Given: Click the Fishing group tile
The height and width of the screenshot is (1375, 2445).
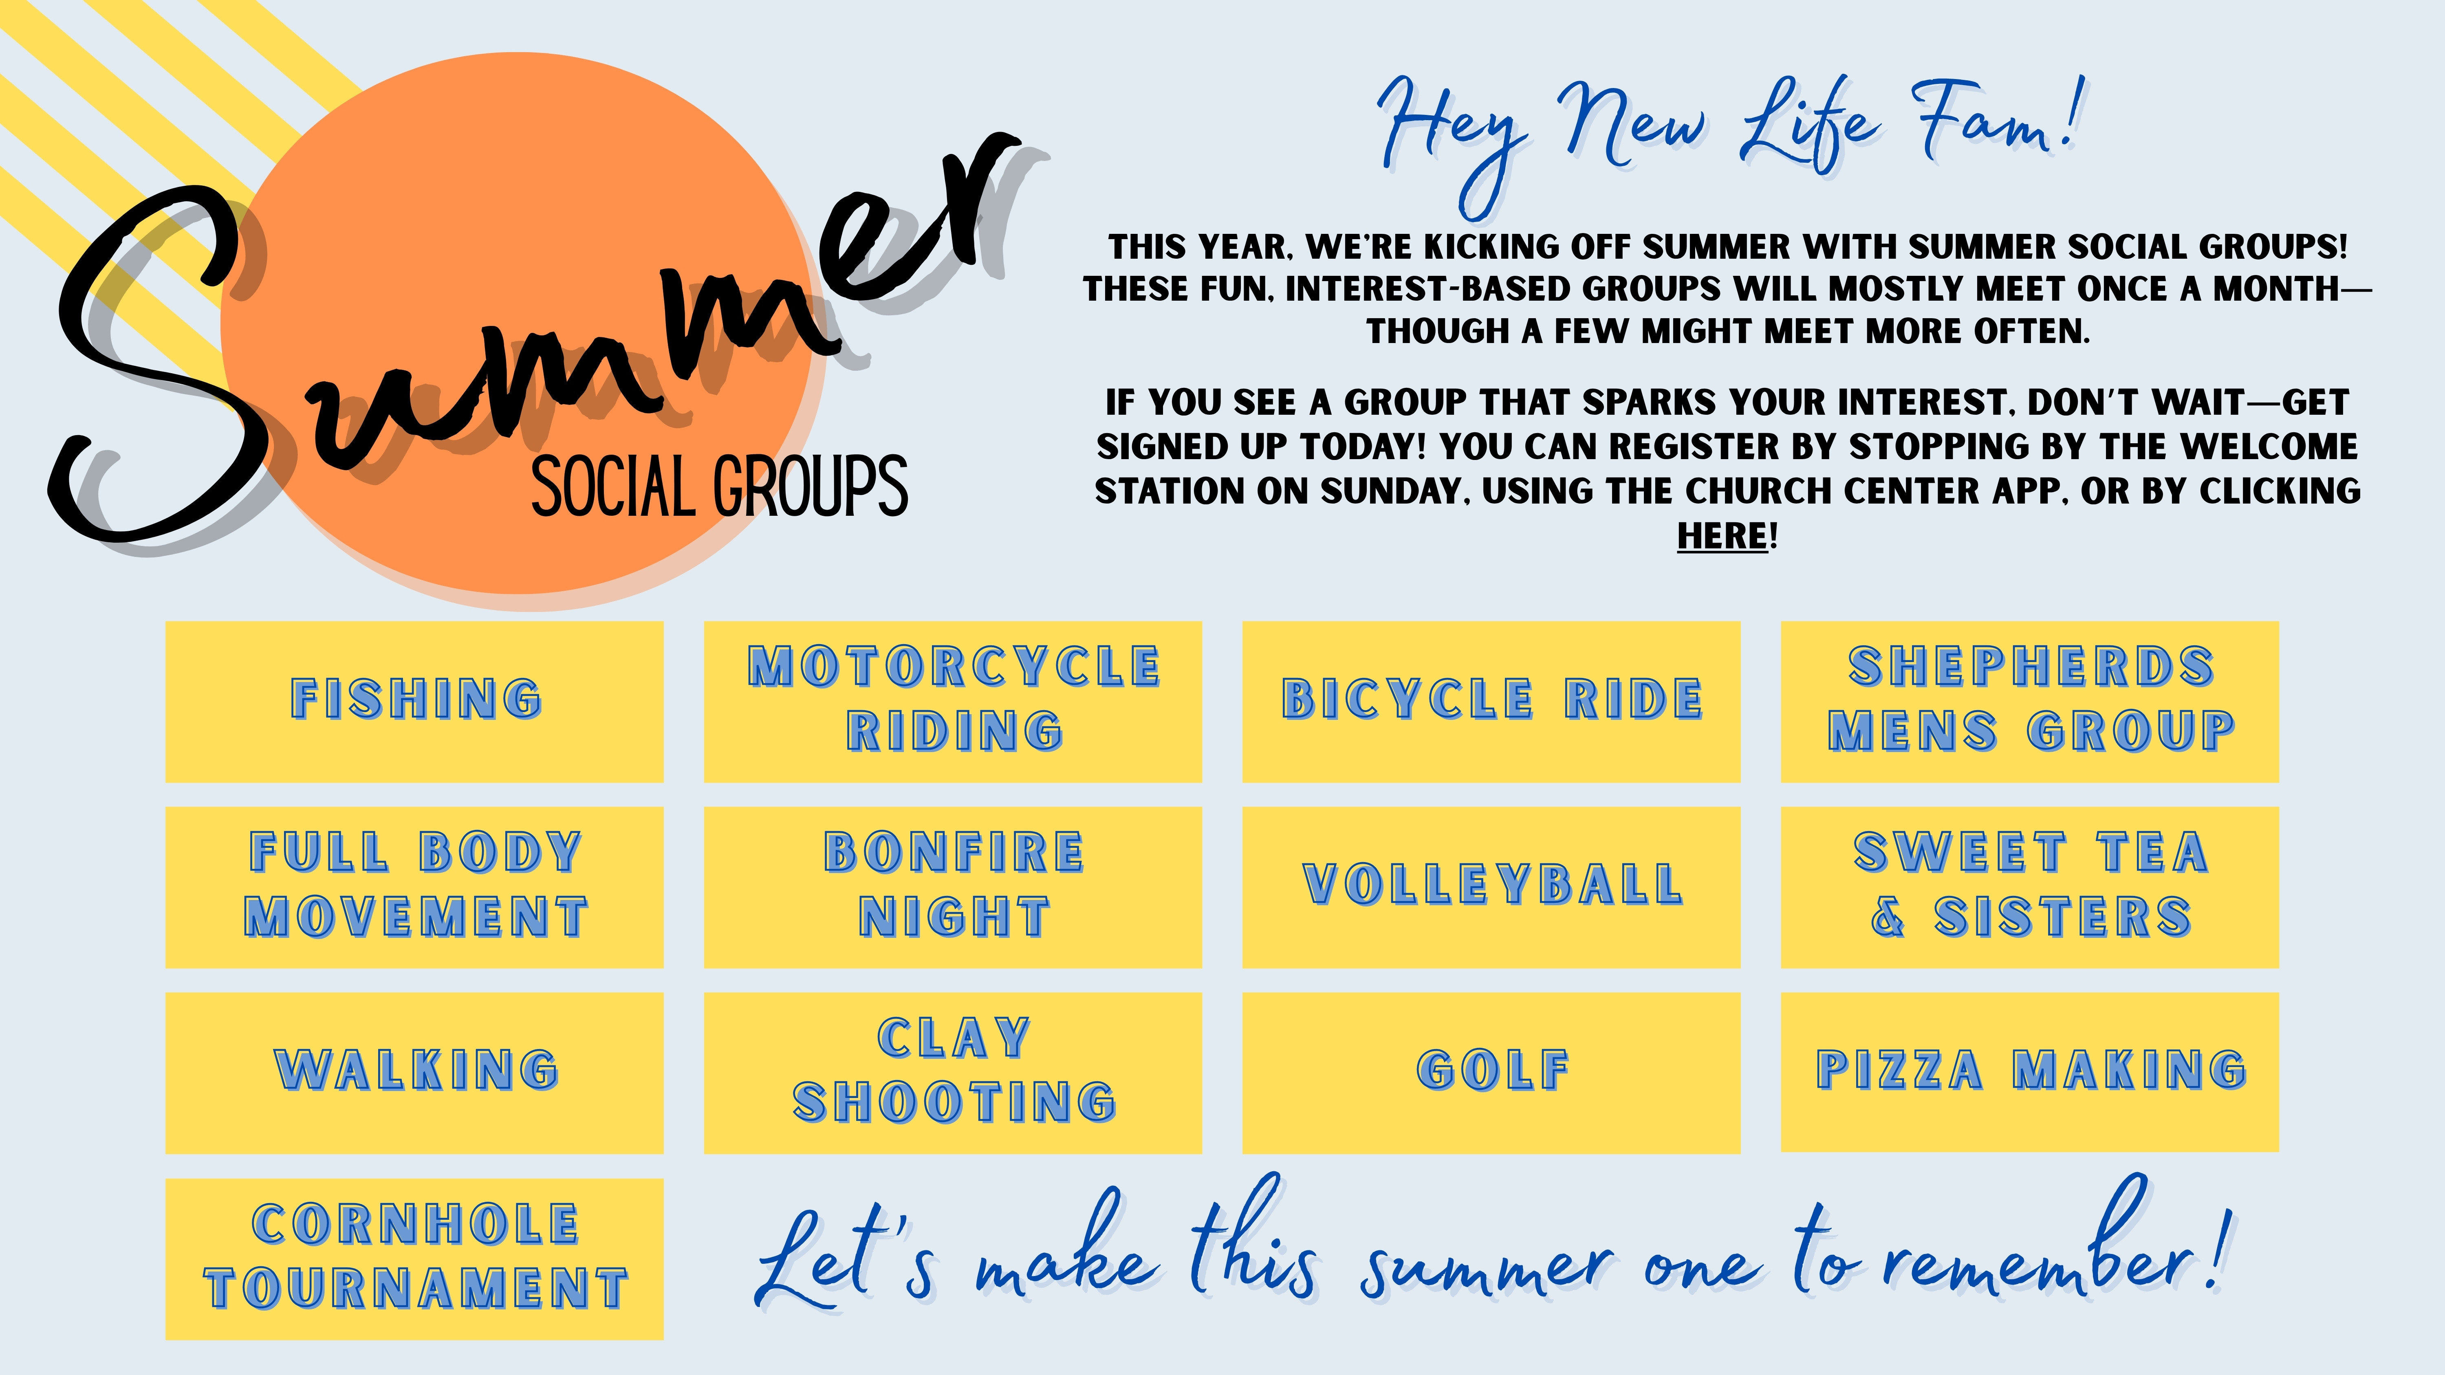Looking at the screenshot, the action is pyautogui.click(x=415, y=701).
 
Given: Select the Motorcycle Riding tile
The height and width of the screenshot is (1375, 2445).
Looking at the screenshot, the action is pyautogui.click(x=953, y=701).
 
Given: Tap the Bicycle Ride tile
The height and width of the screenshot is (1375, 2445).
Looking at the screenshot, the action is pyautogui.click(x=1491, y=701).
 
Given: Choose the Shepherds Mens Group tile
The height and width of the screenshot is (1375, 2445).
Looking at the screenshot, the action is pyautogui.click(x=2030, y=701).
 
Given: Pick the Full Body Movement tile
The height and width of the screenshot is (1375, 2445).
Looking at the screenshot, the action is pyautogui.click(x=415, y=887).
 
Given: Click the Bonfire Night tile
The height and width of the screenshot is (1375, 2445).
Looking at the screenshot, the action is pyautogui.click(x=953, y=887).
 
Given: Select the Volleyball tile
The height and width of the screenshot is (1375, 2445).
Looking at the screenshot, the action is pyautogui.click(x=1491, y=887).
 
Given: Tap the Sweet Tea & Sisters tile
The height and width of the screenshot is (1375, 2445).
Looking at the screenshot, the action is pyautogui.click(x=2030, y=887).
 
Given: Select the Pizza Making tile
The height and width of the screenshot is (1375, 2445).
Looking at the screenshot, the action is pyautogui.click(x=2030, y=1072).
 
